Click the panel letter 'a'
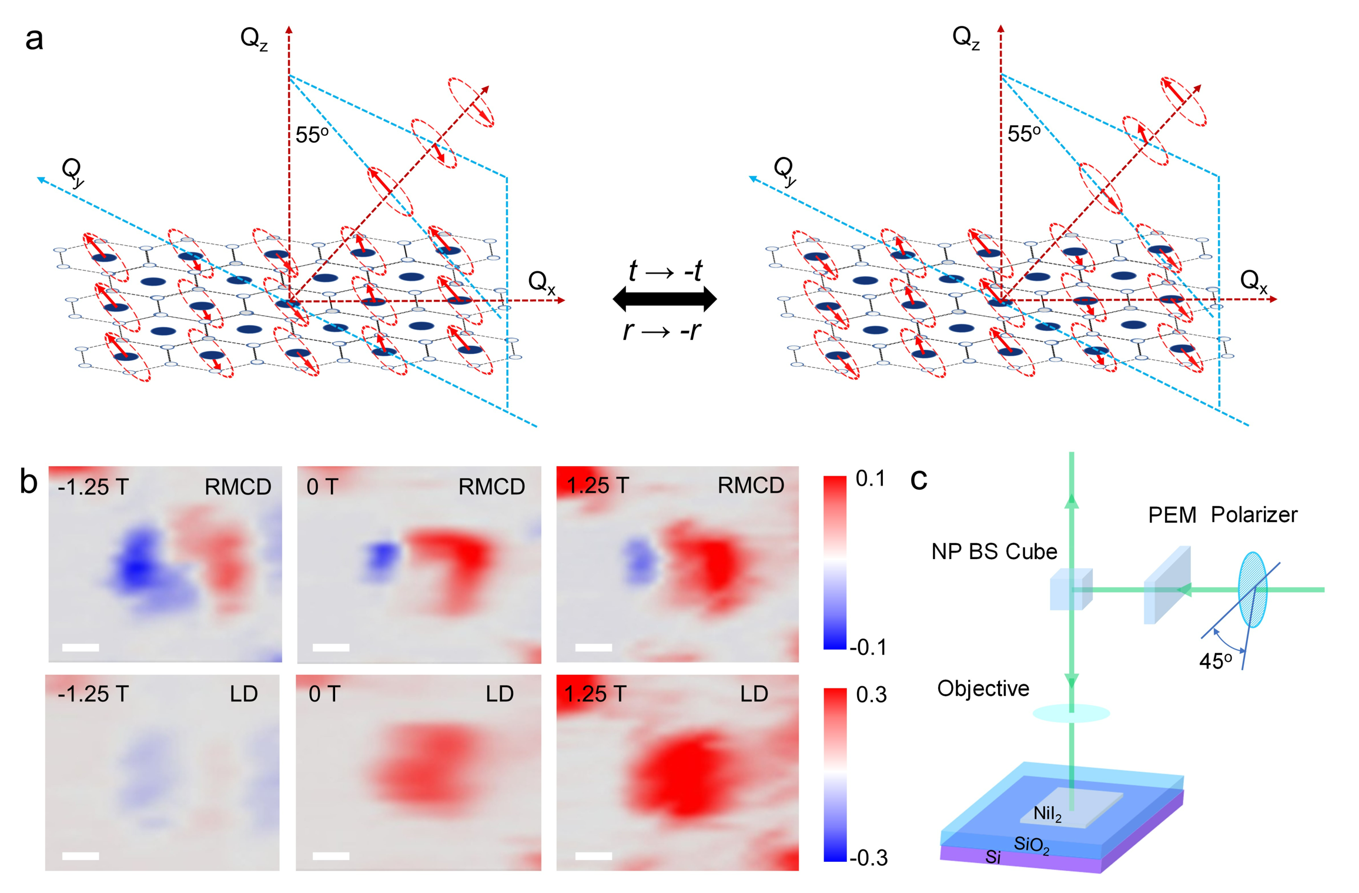tap(34, 40)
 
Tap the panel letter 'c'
tap(918, 480)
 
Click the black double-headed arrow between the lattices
tap(664, 299)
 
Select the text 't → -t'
tap(665, 271)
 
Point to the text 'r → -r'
tap(662, 331)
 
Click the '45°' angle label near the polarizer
tap(1215, 661)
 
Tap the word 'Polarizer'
tap(1254, 515)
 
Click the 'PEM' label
tap(1172, 516)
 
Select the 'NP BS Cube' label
tap(994, 551)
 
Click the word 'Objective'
tap(983, 688)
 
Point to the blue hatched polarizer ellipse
tap(1252, 590)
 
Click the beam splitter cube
tap(1070, 589)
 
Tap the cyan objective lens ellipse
tap(1071, 714)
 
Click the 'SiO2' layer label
tap(1032, 845)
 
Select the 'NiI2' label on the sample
tap(1047, 814)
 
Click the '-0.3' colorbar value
tap(869, 858)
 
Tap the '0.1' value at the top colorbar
tap(870, 479)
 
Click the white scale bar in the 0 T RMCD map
tap(331, 647)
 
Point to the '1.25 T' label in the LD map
tap(595, 694)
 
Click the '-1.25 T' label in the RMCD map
tap(93, 487)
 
